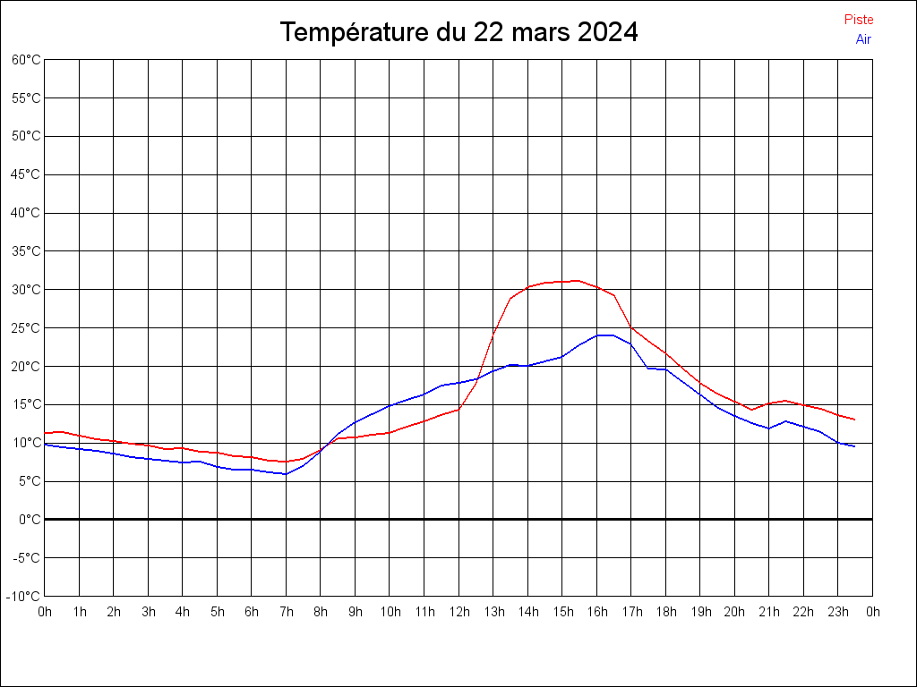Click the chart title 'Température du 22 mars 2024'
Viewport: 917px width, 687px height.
click(x=458, y=33)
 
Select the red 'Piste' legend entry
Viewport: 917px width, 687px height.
click(x=858, y=20)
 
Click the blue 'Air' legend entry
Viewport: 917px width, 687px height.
click(x=863, y=39)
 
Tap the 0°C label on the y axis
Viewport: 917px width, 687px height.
click(x=30, y=520)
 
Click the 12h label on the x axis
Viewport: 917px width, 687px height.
click(x=458, y=613)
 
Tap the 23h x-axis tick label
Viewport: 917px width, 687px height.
click(x=838, y=613)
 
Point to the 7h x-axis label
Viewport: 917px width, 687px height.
click(x=287, y=613)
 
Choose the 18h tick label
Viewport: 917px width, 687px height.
click(x=665, y=613)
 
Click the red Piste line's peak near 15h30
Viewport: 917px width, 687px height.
click(x=578, y=281)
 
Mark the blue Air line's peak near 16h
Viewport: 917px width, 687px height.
click(x=604, y=335)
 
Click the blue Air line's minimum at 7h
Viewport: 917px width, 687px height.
click(x=286, y=474)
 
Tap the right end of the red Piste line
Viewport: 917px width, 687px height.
click(x=854, y=420)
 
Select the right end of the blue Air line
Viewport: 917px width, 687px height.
click(x=854, y=446)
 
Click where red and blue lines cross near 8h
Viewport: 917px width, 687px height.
click(x=322, y=449)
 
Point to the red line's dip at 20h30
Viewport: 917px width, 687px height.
click(x=751, y=410)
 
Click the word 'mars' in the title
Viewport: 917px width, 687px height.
click(x=540, y=33)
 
